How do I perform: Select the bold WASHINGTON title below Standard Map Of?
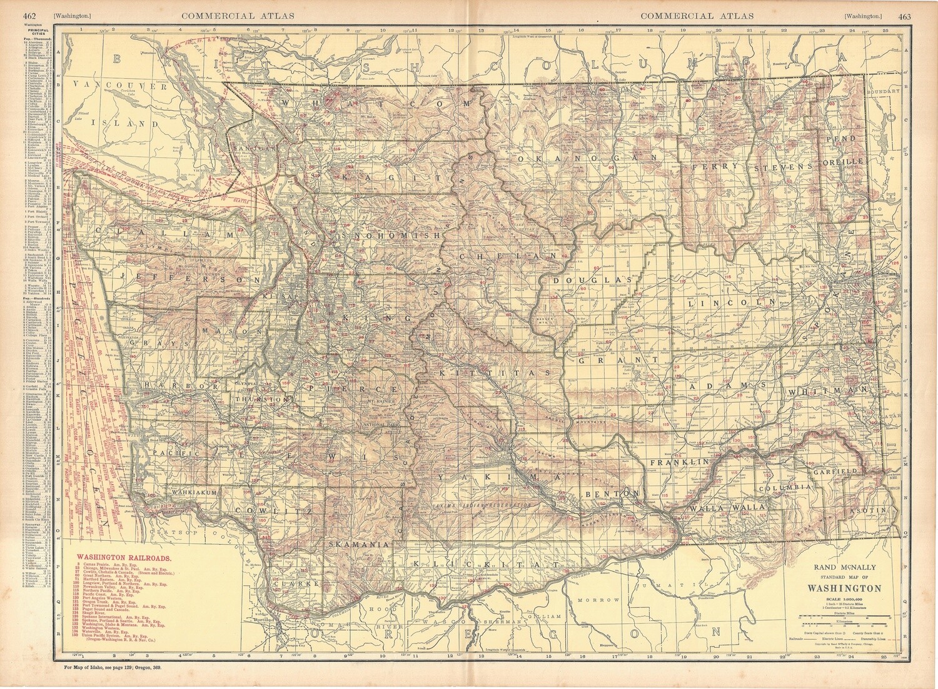point(845,588)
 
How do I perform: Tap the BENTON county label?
point(613,494)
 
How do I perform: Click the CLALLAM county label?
point(158,234)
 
